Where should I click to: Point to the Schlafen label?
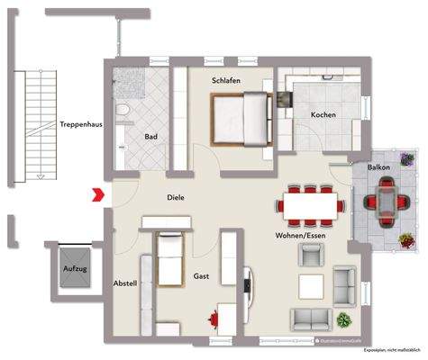point(226,80)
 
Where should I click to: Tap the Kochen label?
point(323,115)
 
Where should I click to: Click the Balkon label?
point(378,168)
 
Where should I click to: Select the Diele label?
point(175,197)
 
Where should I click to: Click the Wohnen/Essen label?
point(299,235)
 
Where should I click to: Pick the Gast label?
point(202,277)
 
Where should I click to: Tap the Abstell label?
point(124,283)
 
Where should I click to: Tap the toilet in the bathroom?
point(126,112)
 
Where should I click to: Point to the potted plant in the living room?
point(342,320)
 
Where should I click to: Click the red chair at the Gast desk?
point(214,318)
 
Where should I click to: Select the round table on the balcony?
point(386,200)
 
